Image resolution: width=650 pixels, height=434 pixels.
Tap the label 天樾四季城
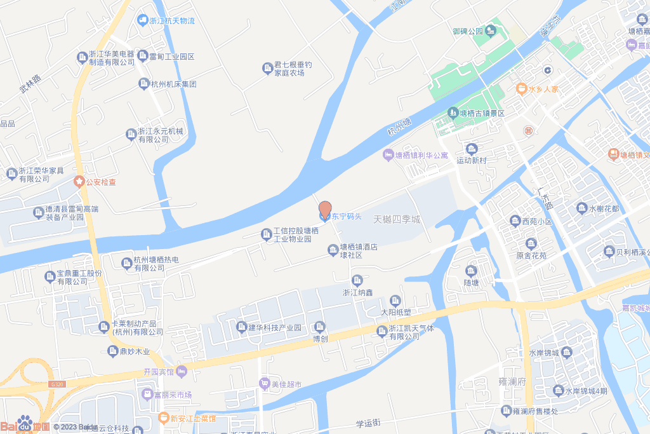397,219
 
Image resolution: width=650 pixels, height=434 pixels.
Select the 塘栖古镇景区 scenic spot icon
453,113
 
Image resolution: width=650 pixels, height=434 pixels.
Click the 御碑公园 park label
468,31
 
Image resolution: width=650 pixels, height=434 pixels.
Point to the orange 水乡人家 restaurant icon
521,89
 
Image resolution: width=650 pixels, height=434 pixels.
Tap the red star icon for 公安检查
79,182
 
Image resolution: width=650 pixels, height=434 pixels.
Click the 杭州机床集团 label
173,84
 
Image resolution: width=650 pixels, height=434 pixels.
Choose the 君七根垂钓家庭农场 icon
267,67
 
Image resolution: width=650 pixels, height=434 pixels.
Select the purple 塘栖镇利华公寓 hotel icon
388,154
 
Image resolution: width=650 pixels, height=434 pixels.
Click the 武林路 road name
30,84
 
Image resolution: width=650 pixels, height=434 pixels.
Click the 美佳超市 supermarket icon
264,383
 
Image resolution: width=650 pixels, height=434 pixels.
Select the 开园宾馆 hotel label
159,371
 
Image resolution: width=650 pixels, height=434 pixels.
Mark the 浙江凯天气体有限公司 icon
382,330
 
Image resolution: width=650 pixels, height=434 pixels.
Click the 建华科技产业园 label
274,327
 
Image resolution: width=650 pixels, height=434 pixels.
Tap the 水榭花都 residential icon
582,208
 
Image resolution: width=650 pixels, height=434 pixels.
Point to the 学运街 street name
368,423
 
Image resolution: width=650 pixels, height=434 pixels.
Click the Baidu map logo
25,424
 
